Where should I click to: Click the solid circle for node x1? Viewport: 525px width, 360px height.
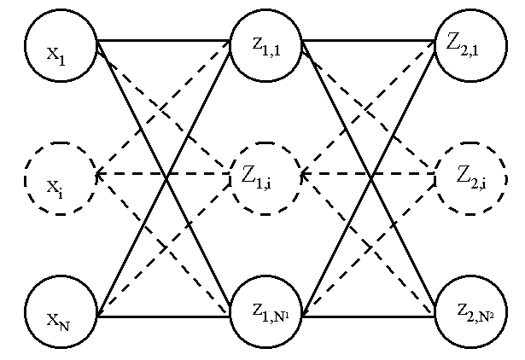61,46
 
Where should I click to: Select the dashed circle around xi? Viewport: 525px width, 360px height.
60,178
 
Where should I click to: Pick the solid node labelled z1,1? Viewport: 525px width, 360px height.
265,46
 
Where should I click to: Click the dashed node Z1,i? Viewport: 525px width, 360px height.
265,178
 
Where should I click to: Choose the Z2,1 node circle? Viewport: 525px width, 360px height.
470,46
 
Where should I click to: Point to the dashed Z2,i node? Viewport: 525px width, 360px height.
471,178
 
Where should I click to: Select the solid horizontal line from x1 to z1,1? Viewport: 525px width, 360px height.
163,40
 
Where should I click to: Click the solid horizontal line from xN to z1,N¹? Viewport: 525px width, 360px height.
163,316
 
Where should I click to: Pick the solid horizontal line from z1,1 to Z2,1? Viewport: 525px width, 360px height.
368,40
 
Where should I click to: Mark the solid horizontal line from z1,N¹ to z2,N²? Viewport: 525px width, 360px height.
368,316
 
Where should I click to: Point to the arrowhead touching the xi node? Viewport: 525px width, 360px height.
100,175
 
